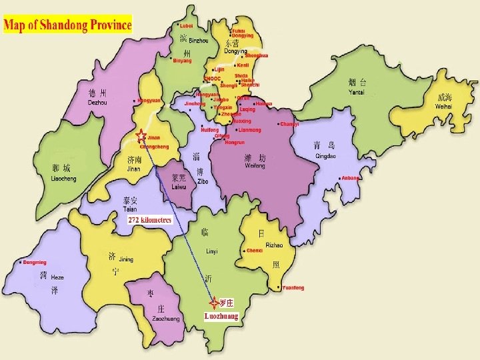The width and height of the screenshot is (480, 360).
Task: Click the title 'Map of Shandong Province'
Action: click(67, 26)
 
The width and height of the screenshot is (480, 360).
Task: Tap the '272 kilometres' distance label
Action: click(150, 220)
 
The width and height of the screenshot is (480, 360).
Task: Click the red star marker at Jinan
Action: click(141, 138)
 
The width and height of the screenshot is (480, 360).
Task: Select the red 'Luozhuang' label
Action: click(221, 316)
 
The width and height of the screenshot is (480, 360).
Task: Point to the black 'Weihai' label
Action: click(443, 107)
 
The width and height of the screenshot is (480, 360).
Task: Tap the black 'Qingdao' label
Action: click(326, 156)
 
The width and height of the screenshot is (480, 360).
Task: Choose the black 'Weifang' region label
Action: click(255, 165)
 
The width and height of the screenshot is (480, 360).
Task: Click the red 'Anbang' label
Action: click(351, 178)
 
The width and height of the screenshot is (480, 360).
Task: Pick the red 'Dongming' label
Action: click(35, 263)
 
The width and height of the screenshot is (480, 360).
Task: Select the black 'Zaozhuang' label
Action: click(165, 319)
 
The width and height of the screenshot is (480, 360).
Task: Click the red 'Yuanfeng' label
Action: click(293, 288)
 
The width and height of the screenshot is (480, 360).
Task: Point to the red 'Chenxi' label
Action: click(255, 251)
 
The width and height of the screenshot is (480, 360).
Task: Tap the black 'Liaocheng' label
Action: click(64, 179)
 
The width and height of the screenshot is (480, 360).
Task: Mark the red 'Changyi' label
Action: click(290, 124)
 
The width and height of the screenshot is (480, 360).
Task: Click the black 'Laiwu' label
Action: click(179, 188)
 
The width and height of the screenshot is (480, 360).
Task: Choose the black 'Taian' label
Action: click(130, 209)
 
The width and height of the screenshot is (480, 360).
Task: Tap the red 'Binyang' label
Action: click(182, 61)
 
